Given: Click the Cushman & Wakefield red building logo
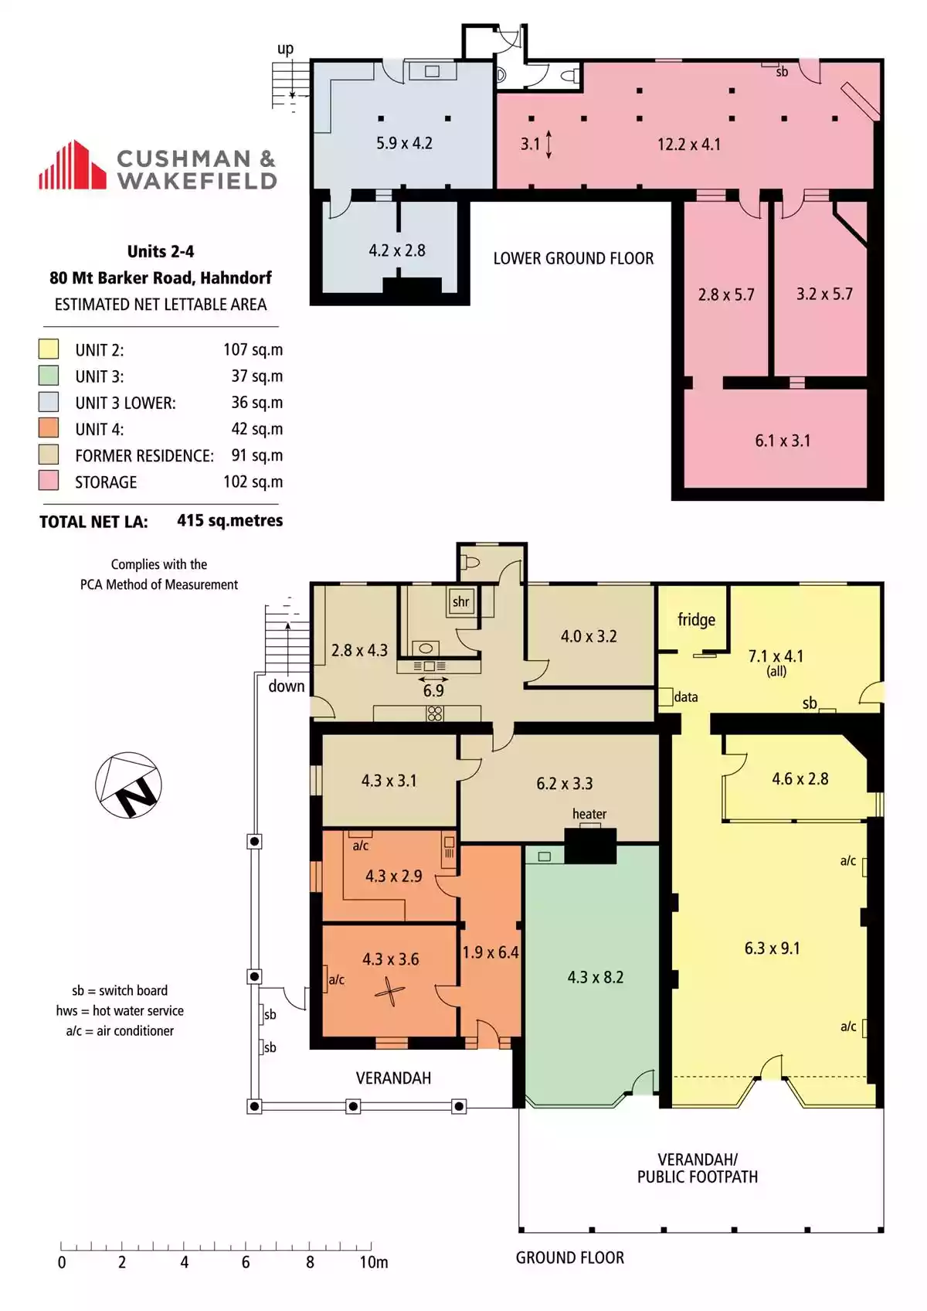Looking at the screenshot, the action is (73, 165).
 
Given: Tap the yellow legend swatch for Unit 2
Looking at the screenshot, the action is (49, 349).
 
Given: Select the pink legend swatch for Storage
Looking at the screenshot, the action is (49, 481).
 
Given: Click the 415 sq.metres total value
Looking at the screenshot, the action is (230, 520).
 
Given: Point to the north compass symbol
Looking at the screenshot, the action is (129, 785).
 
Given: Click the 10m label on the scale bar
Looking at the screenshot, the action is (374, 1262).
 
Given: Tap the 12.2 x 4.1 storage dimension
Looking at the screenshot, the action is (689, 144).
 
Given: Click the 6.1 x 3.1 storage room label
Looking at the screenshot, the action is (783, 440).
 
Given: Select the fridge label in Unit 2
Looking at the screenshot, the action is (696, 620).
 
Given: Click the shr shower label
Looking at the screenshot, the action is (461, 601).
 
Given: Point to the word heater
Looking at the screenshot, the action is (589, 813).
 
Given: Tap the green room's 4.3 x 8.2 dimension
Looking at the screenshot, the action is (596, 977).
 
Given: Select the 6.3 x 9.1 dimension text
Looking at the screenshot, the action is (772, 948).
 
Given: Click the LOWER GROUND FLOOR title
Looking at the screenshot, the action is (573, 258).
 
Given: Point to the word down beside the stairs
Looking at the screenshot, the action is (287, 686).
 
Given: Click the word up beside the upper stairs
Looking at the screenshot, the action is (285, 49).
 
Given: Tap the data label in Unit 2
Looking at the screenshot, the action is (686, 697).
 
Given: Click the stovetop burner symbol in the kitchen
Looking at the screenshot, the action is (435, 713).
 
